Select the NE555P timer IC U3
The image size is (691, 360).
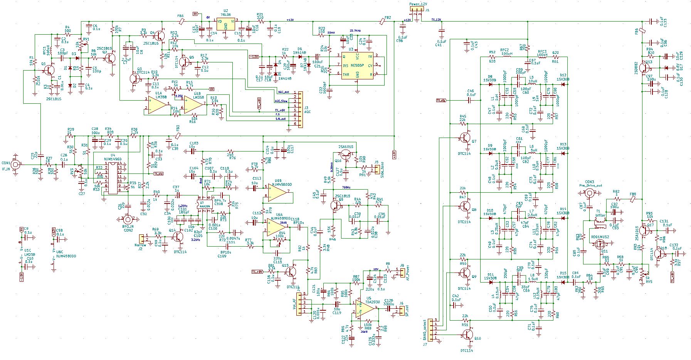point(357,66)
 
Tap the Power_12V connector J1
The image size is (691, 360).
point(416,10)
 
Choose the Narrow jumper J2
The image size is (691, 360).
point(141,239)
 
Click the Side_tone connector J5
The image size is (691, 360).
point(372,169)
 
